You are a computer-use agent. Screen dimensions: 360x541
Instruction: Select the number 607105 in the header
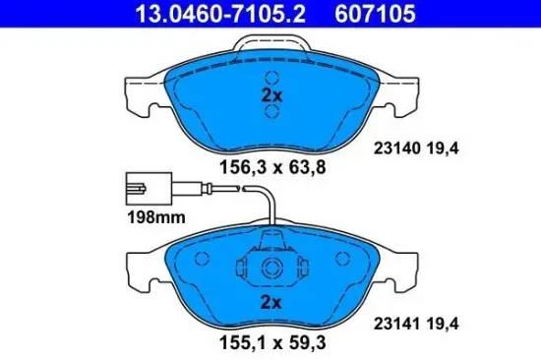(x=376, y=15)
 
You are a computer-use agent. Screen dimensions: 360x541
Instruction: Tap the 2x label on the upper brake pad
(x=270, y=96)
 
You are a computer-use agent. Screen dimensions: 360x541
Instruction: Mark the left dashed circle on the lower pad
(x=204, y=260)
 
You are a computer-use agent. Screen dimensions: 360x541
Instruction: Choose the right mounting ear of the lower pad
(x=402, y=263)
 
